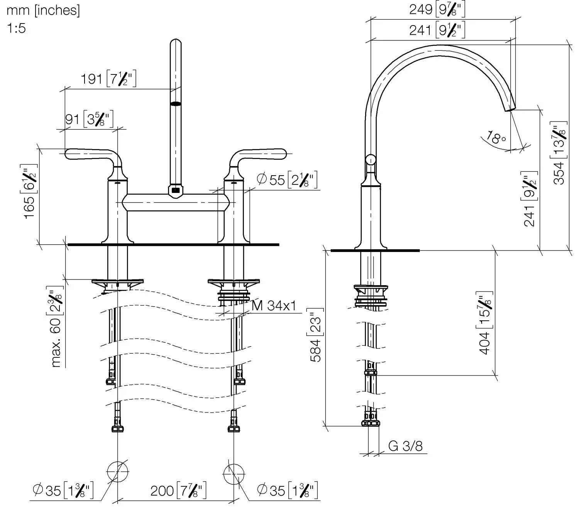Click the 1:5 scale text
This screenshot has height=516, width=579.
click(16, 28)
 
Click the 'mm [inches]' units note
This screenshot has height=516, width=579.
click(43, 10)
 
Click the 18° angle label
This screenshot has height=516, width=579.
click(496, 137)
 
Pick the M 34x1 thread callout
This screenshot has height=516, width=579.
click(274, 306)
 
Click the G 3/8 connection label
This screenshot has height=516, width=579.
click(405, 446)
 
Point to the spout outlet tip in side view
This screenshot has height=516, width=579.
click(510, 109)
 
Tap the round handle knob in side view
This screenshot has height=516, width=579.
click(371, 159)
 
